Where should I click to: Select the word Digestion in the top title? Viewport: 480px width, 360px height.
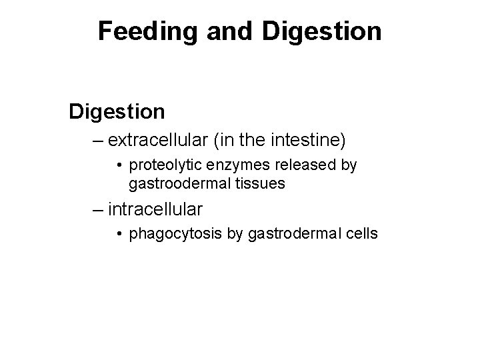322,31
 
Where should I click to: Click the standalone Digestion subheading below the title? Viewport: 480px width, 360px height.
117,111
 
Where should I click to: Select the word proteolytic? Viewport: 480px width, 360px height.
161,165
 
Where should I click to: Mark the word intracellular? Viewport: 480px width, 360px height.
155,209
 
